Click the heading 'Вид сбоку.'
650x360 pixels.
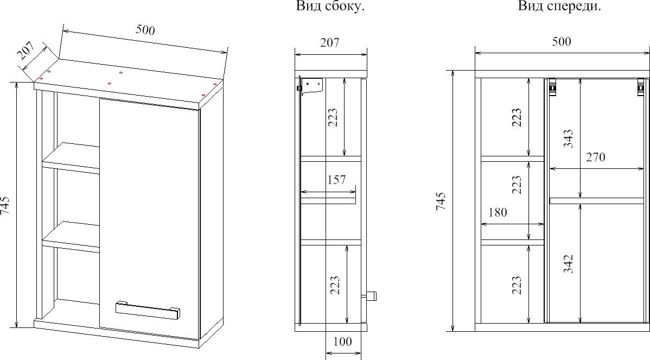(x=330, y=6)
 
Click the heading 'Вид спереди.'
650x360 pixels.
(x=559, y=6)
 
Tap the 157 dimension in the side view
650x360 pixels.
(x=336, y=180)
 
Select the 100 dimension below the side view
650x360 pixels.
(x=342, y=342)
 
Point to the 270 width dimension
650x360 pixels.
(x=595, y=157)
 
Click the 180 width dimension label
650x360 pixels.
(x=498, y=212)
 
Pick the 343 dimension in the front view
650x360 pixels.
(x=568, y=138)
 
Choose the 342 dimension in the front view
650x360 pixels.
(x=568, y=263)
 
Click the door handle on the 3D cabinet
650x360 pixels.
(x=148, y=310)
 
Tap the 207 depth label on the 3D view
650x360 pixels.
(x=26, y=51)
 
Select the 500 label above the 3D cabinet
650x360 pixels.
(x=145, y=30)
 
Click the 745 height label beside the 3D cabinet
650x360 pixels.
(x=5, y=205)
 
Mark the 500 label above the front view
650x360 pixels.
(x=561, y=41)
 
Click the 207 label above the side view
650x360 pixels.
(x=330, y=42)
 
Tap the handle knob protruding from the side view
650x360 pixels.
(x=370, y=296)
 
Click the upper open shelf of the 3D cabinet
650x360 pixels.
(x=71, y=157)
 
